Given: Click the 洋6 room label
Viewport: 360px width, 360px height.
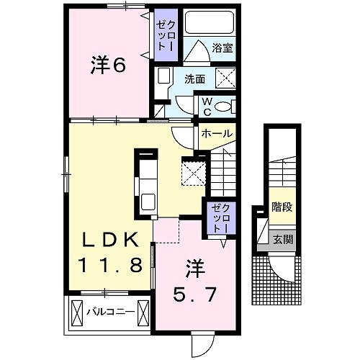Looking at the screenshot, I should [x=108, y=66].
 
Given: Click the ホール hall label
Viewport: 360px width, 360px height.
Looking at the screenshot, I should [x=215, y=135].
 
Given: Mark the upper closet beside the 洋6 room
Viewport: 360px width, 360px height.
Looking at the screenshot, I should [x=166, y=34].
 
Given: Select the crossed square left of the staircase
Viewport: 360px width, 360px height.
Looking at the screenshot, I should [x=193, y=173].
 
